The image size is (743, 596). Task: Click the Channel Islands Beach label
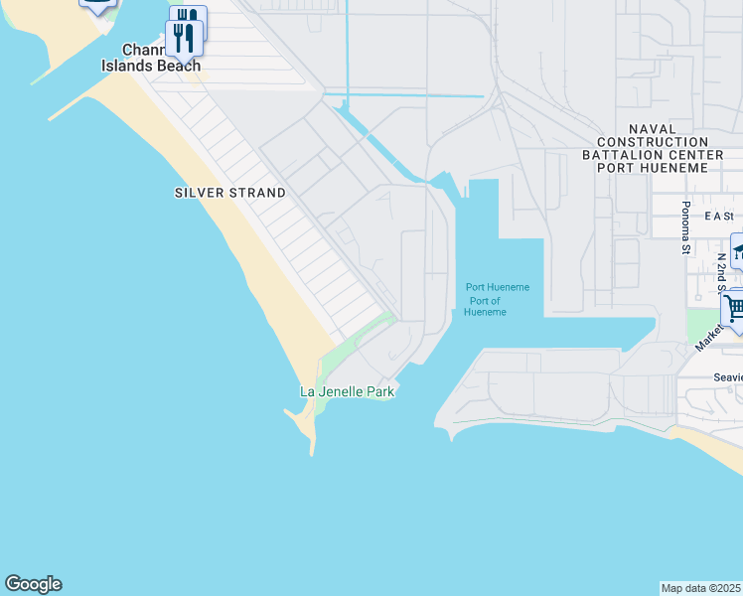(151, 58)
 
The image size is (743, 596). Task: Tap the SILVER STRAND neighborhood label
(229, 193)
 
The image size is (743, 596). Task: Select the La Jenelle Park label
(348, 392)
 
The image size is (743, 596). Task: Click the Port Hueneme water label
(498, 288)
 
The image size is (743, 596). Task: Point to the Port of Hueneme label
(487, 306)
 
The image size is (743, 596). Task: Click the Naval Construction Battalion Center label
(653, 149)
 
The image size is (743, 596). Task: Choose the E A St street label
(717, 216)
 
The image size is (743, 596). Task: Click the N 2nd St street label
(722, 271)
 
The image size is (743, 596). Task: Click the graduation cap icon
(737, 252)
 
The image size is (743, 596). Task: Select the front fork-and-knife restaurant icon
(184, 38)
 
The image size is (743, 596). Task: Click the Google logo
(33, 584)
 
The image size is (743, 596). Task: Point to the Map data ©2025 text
(701, 588)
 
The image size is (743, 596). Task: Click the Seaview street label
(728, 377)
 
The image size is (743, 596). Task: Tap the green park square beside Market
(697, 324)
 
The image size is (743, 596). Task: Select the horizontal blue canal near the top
(407, 96)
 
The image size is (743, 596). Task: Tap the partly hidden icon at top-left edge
(97, 5)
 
